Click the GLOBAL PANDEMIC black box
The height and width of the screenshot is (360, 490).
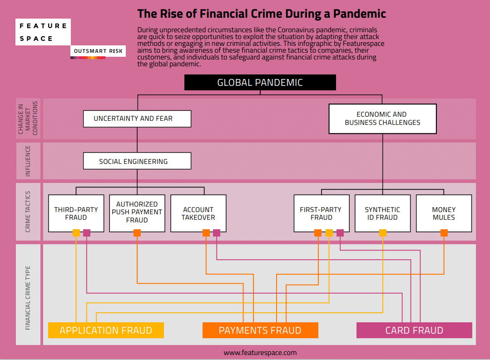click(x=260, y=83)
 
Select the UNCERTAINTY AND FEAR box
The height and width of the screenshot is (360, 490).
click(x=137, y=119)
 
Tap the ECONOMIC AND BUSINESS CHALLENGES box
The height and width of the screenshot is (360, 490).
click(x=382, y=118)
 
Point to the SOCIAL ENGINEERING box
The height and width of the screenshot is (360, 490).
click(x=137, y=161)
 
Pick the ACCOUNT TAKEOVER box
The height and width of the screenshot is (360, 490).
click(x=198, y=213)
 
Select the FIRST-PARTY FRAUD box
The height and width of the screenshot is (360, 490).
click(x=321, y=213)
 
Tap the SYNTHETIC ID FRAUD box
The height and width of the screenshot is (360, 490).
click(x=382, y=213)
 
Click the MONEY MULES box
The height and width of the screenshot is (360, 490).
click(x=444, y=213)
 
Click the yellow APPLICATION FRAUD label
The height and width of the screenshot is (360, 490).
click(x=106, y=330)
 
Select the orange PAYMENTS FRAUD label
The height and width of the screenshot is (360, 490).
click(x=260, y=330)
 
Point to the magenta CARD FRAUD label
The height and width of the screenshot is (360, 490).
click(x=414, y=330)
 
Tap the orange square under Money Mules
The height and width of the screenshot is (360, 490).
click(x=444, y=233)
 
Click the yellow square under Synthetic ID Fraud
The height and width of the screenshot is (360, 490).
click(x=383, y=233)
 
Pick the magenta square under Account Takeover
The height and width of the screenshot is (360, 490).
click(x=217, y=233)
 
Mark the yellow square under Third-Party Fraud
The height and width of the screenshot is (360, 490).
click(x=76, y=233)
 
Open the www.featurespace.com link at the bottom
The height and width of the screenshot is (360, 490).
click(x=260, y=352)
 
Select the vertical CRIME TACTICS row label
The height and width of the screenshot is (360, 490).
click(x=28, y=212)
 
